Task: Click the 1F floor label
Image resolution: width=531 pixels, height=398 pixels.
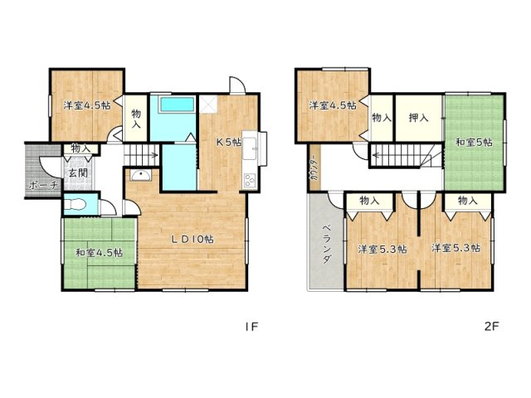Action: (252, 327)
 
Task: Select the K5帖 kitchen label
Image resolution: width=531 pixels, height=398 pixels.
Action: (228, 142)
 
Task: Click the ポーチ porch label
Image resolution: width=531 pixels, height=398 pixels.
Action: (42, 186)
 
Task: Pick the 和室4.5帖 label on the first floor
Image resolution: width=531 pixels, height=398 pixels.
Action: (99, 253)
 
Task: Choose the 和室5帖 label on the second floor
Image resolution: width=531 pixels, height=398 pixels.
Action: (473, 143)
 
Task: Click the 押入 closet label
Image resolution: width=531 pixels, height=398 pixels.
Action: (418, 119)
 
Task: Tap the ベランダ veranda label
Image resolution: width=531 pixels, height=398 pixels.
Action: (325, 243)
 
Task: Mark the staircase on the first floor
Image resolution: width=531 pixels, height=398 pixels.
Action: (142, 154)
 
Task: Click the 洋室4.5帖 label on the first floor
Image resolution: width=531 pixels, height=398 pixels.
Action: (86, 105)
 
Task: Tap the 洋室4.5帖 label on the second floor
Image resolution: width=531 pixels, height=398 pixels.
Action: (333, 105)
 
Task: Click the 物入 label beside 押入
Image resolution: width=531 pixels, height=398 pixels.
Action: (381, 119)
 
